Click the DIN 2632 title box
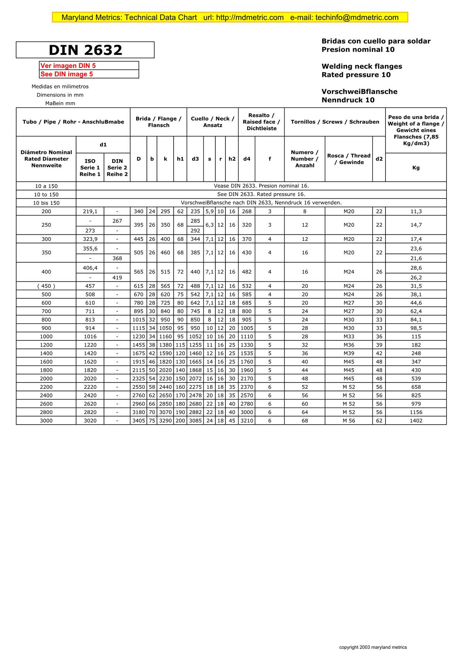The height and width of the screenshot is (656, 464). pyautogui.click(x=85, y=50)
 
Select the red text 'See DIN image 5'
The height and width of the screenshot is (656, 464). pyautogui.click(x=67, y=74)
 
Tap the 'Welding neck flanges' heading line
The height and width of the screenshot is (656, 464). pyautogui.click(x=362, y=66)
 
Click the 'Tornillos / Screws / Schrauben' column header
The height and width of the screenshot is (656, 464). pyautogui.click(x=335, y=122)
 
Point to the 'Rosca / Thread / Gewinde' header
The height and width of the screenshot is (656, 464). pyautogui.click(x=348, y=159)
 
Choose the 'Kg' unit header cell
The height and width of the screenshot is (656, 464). pyautogui.click(x=416, y=168)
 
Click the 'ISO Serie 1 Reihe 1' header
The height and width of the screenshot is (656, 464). pyautogui.click(x=90, y=168)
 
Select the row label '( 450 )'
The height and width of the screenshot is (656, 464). pyautogui.click(x=46, y=286)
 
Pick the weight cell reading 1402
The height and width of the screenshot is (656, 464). pyautogui.click(x=416, y=421)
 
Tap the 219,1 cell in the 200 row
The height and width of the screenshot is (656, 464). pyautogui.click(x=90, y=212)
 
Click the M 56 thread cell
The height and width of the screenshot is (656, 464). pyautogui.click(x=348, y=421)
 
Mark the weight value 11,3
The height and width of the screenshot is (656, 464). pyautogui.click(x=416, y=212)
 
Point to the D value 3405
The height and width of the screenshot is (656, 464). pyautogui.click(x=138, y=421)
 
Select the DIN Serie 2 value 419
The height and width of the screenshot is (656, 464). pyautogui.click(x=117, y=278)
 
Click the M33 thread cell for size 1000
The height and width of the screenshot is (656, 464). pyautogui.click(x=348, y=336)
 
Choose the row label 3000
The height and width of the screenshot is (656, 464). pyautogui.click(x=46, y=421)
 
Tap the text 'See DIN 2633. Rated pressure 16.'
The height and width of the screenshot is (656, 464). pyautogui.click(x=261, y=194)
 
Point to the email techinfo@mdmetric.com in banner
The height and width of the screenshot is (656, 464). pyautogui.click(x=357, y=17)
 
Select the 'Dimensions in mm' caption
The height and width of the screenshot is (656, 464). pyautogui.click(x=60, y=95)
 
